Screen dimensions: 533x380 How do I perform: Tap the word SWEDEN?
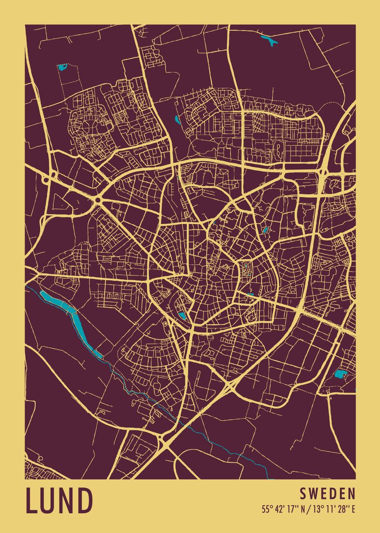pyautogui.click(x=328, y=493)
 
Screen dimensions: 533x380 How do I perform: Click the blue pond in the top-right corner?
pyautogui.click(x=269, y=41)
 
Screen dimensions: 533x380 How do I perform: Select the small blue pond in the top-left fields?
pyautogui.click(x=62, y=68)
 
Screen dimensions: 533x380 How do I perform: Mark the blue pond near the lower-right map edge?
pyautogui.click(x=341, y=374)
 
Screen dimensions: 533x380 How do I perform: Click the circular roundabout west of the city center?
pyautogui.click(x=98, y=201)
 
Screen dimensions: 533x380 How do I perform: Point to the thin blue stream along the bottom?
pyautogui.click(x=208, y=438)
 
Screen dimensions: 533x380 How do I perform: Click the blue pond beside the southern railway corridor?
pyautogui.click(x=182, y=316)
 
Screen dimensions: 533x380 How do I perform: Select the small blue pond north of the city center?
pyautogui.click(x=177, y=119)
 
